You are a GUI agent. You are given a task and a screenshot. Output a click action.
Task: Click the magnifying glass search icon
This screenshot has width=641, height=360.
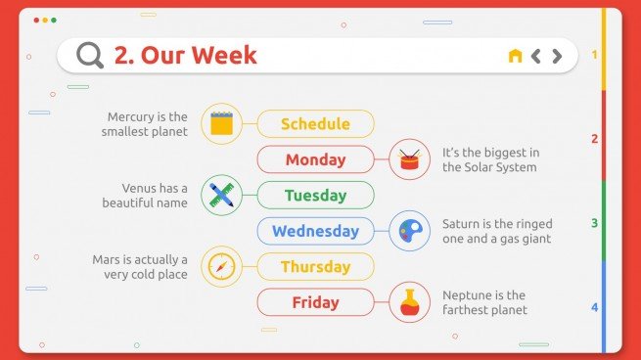pos(90,56)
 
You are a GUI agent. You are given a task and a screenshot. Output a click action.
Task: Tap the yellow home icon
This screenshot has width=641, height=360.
pos(515,56)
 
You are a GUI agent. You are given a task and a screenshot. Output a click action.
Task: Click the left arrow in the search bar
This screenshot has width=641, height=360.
pos(536,56)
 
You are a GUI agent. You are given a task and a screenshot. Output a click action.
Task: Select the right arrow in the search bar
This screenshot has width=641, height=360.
pos(557,56)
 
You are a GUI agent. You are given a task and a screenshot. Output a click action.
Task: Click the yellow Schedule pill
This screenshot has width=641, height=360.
pos(315,124)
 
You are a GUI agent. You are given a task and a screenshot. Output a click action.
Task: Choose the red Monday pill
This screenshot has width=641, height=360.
pos(315,159)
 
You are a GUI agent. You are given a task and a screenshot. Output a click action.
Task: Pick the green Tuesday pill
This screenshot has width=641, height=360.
pos(315,196)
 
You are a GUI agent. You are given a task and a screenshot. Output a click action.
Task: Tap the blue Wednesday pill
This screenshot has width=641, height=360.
pos(315,232)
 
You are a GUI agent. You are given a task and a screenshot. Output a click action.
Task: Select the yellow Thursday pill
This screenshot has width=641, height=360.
pos(315,267)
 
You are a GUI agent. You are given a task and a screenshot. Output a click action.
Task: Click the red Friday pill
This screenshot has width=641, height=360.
pos(315,302)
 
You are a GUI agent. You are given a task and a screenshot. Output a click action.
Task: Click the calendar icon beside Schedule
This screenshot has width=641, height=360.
pos(221,124)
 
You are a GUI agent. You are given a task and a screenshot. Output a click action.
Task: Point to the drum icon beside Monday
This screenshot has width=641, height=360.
pos(409,159)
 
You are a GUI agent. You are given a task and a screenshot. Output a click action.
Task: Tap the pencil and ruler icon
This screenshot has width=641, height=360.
pos(221,196)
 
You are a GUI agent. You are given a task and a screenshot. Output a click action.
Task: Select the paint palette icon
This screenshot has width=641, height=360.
pos(409,232)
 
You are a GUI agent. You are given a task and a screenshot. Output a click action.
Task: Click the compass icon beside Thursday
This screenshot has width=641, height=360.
pos(221,267)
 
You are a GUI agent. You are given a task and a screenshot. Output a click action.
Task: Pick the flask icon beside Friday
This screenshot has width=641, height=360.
pos(409,302)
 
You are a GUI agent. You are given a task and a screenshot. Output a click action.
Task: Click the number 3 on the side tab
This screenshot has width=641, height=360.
pos(594,224)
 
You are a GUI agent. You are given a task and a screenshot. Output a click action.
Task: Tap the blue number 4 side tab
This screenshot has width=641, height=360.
pos(594,308)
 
